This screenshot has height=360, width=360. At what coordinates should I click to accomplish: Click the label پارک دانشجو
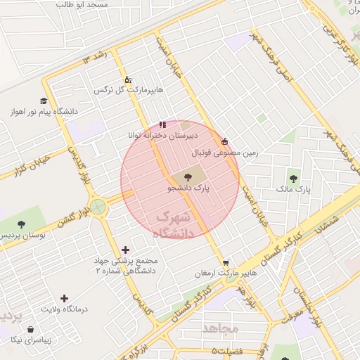189,189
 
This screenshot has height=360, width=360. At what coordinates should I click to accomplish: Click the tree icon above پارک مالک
293,177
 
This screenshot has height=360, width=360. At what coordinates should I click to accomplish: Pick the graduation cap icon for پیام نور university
44,101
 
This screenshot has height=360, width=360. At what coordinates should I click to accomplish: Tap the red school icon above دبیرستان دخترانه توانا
163,124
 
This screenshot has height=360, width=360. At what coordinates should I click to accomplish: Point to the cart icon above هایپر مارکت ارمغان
225,262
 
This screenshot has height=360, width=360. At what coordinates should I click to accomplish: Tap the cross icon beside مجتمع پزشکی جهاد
126,250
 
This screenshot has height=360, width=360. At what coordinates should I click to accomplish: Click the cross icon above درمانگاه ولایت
65,298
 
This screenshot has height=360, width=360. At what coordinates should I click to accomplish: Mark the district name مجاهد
221,328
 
